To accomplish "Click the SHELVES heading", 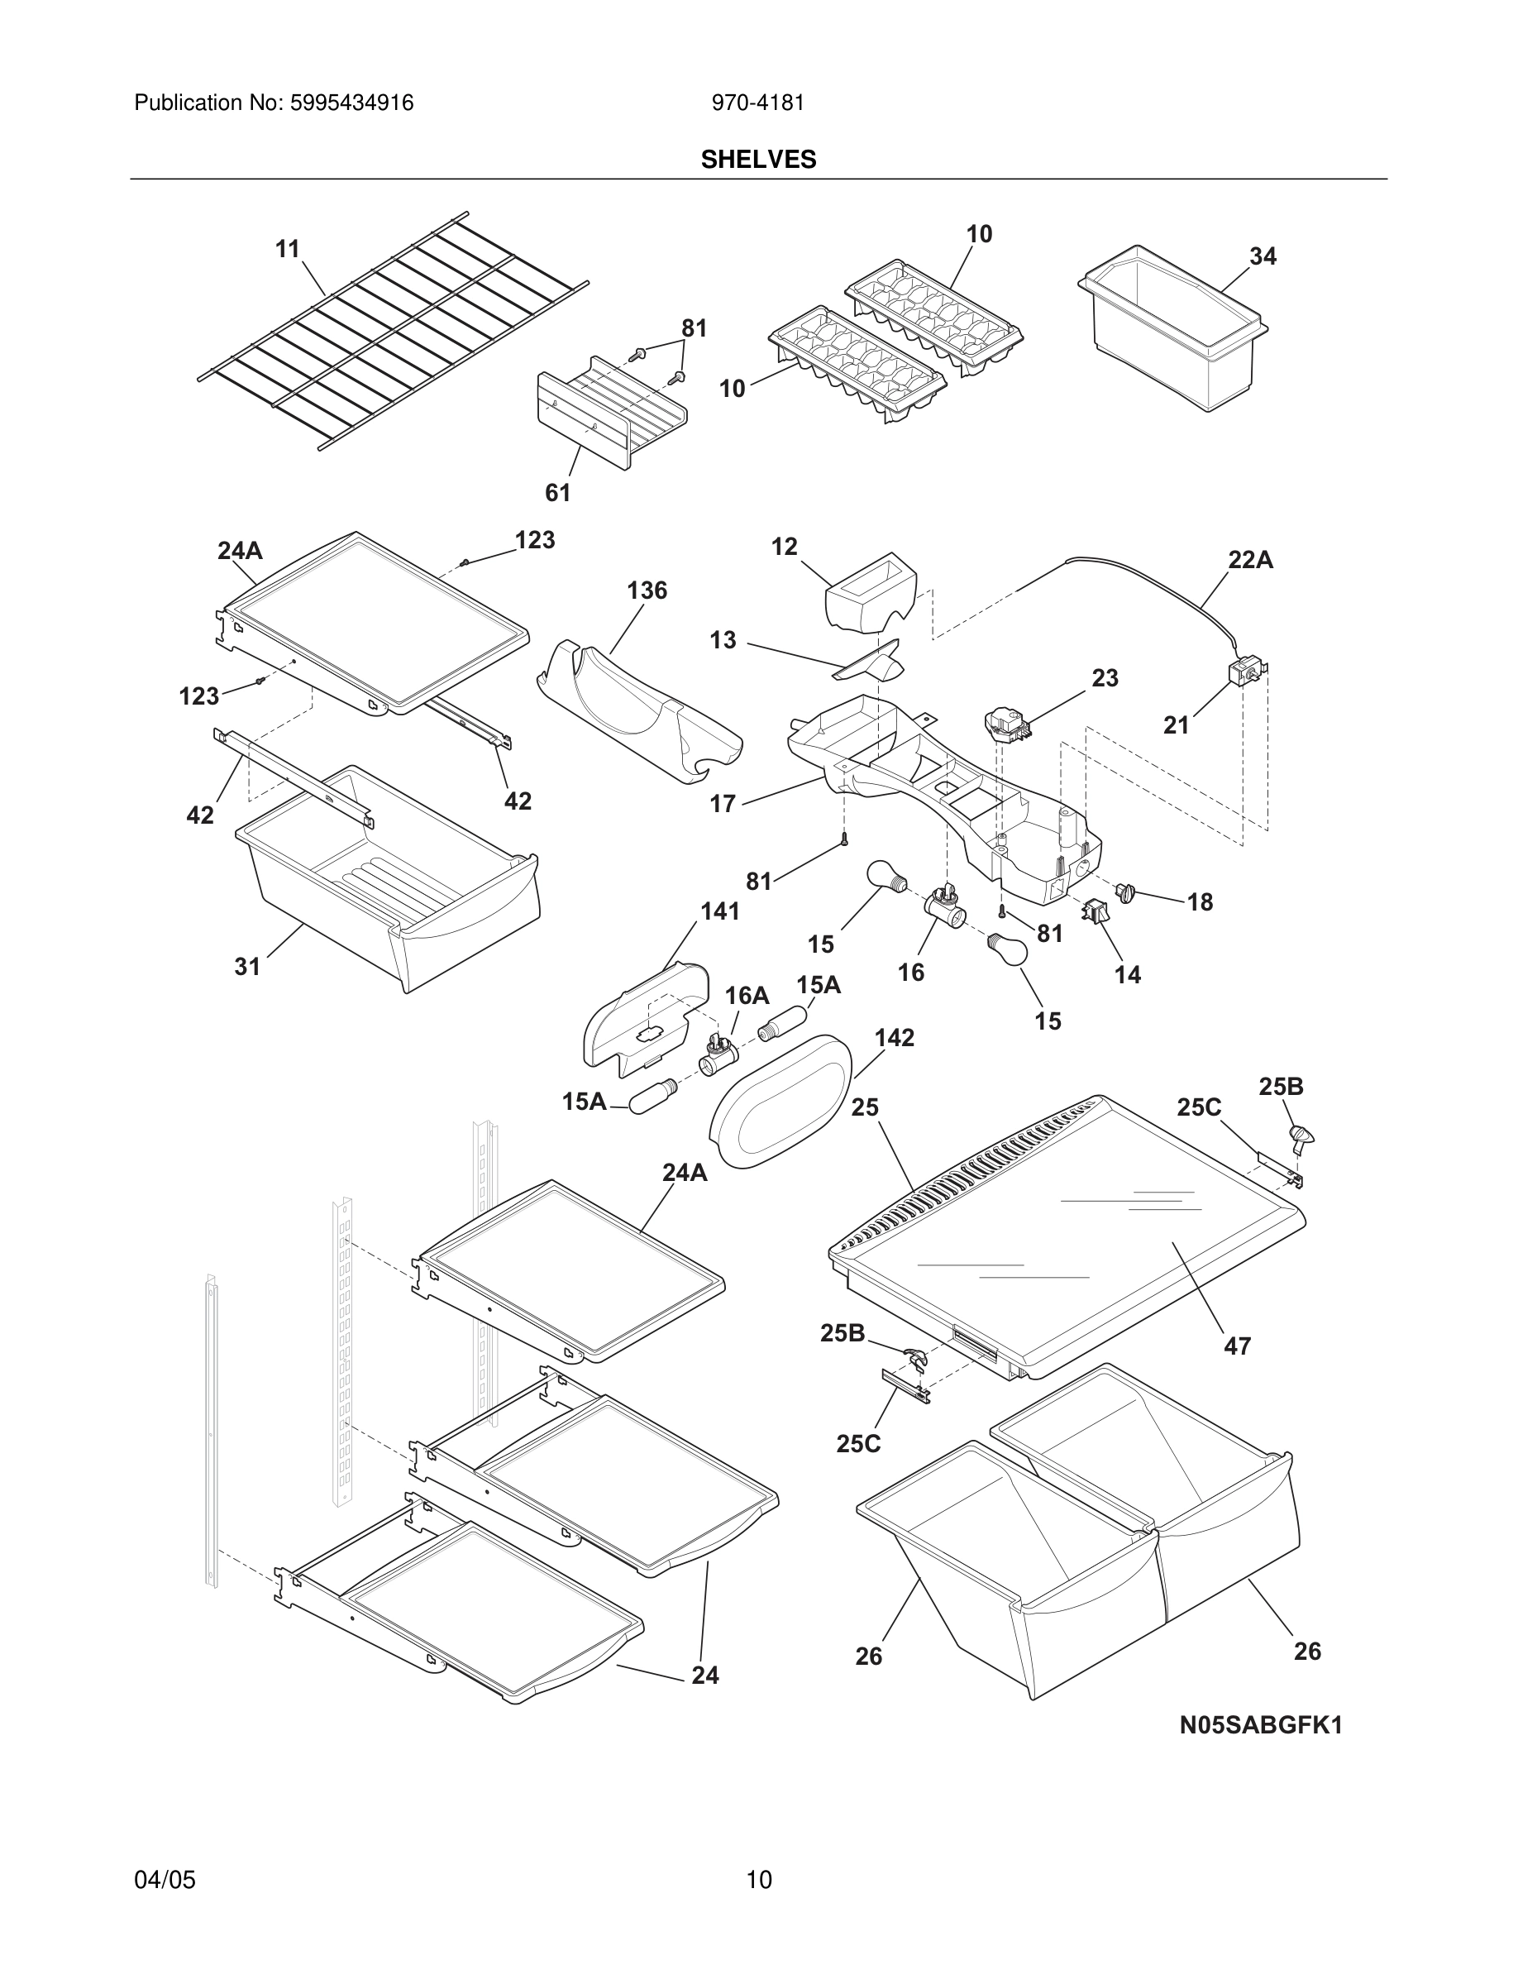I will click(758, 160).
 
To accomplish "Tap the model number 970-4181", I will click(757, 103).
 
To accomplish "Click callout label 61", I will click(557, 492).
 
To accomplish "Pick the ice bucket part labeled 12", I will click(871, 594).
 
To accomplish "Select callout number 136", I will click(647, 590).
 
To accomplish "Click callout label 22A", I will click(1250, 560).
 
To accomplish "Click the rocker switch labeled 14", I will click(1095, 911).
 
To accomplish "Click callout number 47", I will click(1238, 1346).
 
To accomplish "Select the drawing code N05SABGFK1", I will click(1261, 1725).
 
